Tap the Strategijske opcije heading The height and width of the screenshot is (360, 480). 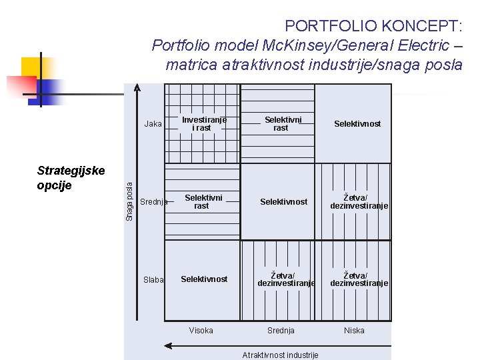pos(71,178)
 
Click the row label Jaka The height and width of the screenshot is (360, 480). pos(153,123)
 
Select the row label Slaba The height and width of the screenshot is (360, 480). pos(153,280)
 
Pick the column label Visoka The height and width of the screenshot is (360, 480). pos(201,331)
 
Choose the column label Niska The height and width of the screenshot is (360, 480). pos(354,331)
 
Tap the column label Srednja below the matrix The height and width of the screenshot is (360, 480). pos(281,331)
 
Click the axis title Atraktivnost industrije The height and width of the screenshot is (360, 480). pos(280,355)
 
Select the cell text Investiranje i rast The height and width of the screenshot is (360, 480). pos(204,124)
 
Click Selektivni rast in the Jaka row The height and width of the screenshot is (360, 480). pos(283,124)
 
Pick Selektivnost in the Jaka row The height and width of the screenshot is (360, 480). pos(357,124)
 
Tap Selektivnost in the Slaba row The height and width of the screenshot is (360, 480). pos(204,279)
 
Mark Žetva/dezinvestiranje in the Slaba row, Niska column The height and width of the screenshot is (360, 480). pos(359,279)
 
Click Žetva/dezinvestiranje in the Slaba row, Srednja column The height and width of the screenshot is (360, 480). pos(286,279)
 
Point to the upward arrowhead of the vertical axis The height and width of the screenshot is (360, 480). pos(137,87)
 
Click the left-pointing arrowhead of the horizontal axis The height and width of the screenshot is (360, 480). pos(168,346)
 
